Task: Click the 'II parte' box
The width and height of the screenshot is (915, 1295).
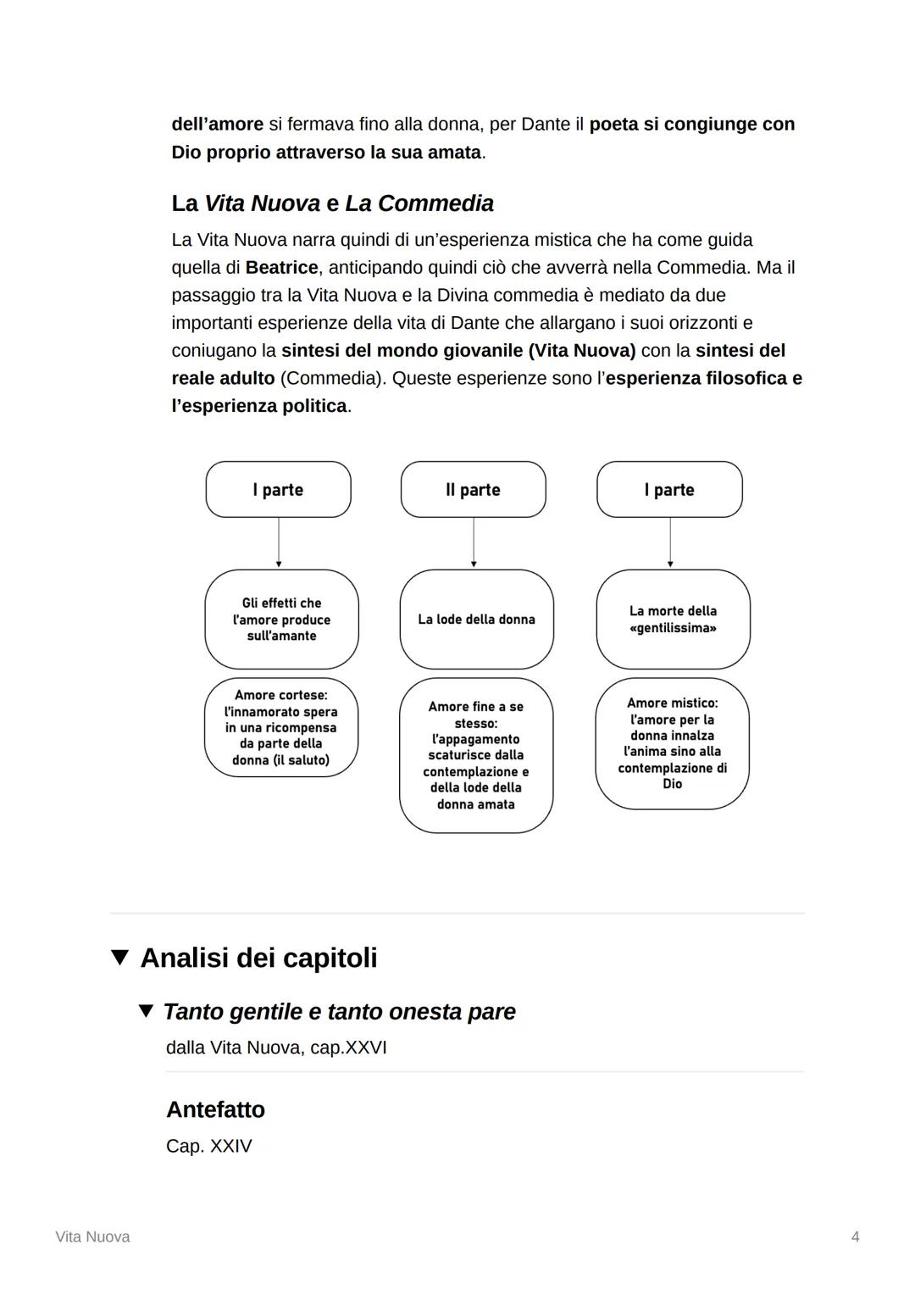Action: click(473, 490)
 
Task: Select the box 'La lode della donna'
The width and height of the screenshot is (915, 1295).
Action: click(476, 620)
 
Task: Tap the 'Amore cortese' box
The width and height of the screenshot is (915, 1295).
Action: click(280, 727)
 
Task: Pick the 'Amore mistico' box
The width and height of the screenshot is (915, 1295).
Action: click(672, 743)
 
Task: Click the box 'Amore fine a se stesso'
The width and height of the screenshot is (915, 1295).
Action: click(475, 755)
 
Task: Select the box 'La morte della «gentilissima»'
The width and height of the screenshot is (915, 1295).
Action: click(673, 620)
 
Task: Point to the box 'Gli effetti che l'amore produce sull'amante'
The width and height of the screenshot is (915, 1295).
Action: click(281, 620)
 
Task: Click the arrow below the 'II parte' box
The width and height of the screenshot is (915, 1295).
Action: click(474, 542)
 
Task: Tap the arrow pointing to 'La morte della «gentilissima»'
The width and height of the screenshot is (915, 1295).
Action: click(670, 542)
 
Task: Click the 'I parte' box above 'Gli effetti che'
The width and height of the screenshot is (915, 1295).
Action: click(278, 490)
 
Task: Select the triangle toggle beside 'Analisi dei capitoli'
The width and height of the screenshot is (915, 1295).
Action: click(120, 958)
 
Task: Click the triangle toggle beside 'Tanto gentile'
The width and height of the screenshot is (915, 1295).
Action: click(147, 1011)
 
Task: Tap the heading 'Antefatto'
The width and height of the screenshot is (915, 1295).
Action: click(215, 1109)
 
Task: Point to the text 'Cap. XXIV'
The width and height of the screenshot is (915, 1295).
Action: click(209, 1146)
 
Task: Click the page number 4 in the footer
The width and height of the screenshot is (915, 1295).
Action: click(855, 1237)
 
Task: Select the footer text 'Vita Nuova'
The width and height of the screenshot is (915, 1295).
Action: click(92, 1237)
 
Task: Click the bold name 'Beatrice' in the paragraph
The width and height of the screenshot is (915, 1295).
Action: click(281, 268)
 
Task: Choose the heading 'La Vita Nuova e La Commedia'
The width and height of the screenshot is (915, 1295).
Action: click(332, 203)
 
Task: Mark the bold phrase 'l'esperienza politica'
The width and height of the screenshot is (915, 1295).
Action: click(259, 406)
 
